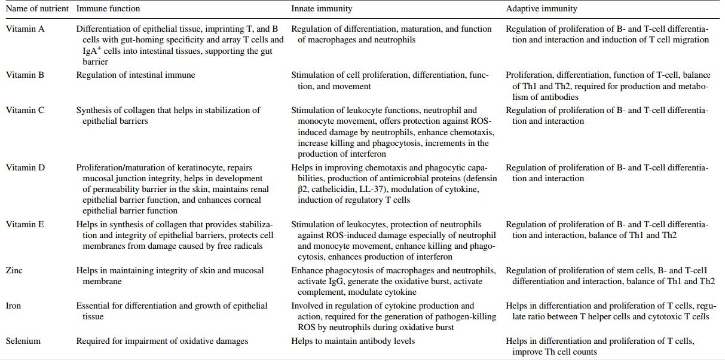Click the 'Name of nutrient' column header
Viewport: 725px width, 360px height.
point(36,9)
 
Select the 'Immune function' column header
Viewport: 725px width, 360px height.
point(108,9)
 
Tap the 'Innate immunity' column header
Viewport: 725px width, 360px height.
point(322,9)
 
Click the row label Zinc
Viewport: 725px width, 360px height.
point(14,270)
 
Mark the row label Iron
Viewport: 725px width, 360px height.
point(14,306)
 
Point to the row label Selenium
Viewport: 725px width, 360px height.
point(23,341)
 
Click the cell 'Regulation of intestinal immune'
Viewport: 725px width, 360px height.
point(136,75)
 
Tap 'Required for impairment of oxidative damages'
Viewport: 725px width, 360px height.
point(162,341)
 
